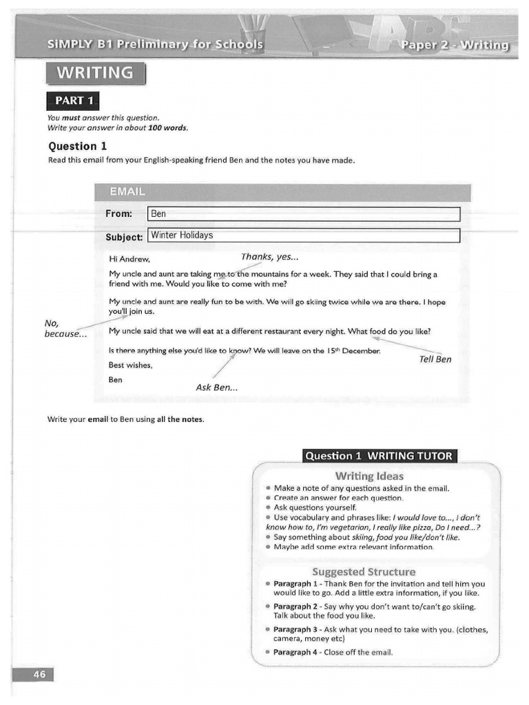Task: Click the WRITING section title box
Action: pos(96,73)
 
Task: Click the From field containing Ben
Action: pos(303,214)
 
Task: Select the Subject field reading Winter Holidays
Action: pos(303,235)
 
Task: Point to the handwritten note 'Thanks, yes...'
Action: pos(270,257)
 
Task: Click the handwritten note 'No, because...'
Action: pos(65,329)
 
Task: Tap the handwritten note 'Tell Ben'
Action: pos(435,359)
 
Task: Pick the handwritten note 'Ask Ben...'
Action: pos(217,388)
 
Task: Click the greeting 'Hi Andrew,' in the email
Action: pos(129,259)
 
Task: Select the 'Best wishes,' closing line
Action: pos(131,365)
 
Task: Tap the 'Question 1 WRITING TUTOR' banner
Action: pos(379,456)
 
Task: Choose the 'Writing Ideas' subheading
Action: pos(369,476)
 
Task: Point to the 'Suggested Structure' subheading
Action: pos(364,571)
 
